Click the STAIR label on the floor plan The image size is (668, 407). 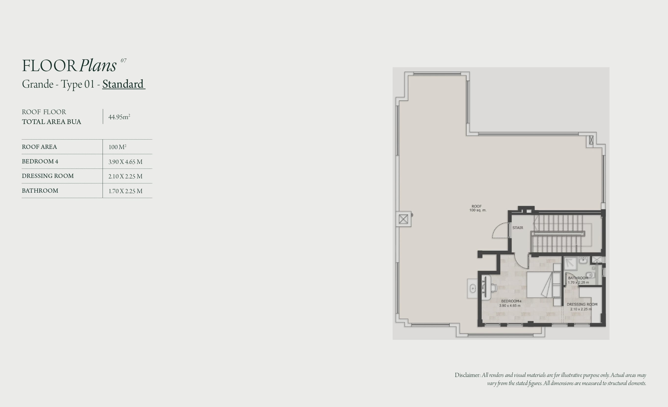(518, 228)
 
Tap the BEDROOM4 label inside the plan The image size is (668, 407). (511, 301)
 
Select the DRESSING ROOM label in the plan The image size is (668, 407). (582, 304)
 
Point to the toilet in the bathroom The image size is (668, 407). (591, 275)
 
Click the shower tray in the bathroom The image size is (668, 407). (570, 264)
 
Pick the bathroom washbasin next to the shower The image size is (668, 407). (583, 261)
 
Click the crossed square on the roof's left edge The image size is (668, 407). (403, 219)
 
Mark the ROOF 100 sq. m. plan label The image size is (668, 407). (478, 208)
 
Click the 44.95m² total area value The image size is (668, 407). (119, 117)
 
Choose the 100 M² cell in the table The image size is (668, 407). (117, 147)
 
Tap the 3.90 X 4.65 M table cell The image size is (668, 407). (125, 162)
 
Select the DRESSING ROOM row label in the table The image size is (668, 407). (48, 176)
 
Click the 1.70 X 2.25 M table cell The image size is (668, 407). (125, 191)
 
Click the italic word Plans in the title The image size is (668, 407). (98, 66)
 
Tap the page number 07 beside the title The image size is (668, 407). (124, 61)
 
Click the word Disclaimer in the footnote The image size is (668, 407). (468, 375)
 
